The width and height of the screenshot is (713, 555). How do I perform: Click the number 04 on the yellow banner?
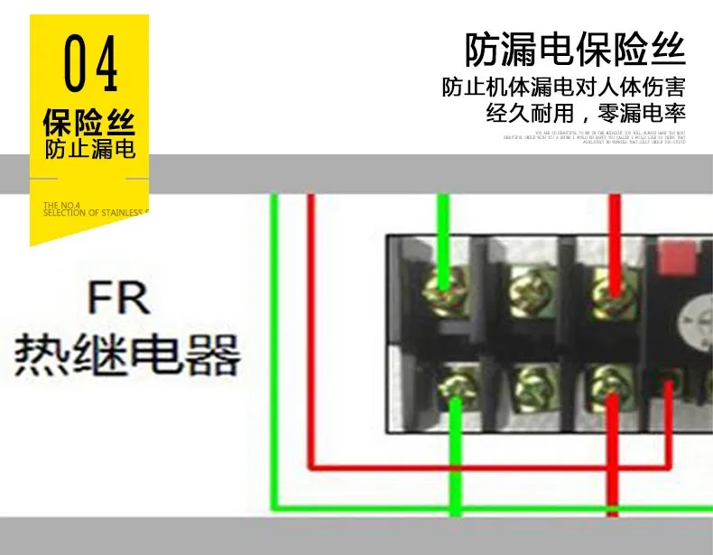point(91,65)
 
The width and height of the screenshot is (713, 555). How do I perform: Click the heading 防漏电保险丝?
point(575,50)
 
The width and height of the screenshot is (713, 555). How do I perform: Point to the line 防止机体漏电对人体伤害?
point(563,89)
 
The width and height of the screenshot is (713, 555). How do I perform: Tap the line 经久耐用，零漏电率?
point(586,114)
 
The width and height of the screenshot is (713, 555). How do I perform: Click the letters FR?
point(118,299)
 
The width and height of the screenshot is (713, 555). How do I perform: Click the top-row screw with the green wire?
point(444,289)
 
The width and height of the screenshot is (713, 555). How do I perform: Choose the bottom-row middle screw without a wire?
point(533,390)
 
